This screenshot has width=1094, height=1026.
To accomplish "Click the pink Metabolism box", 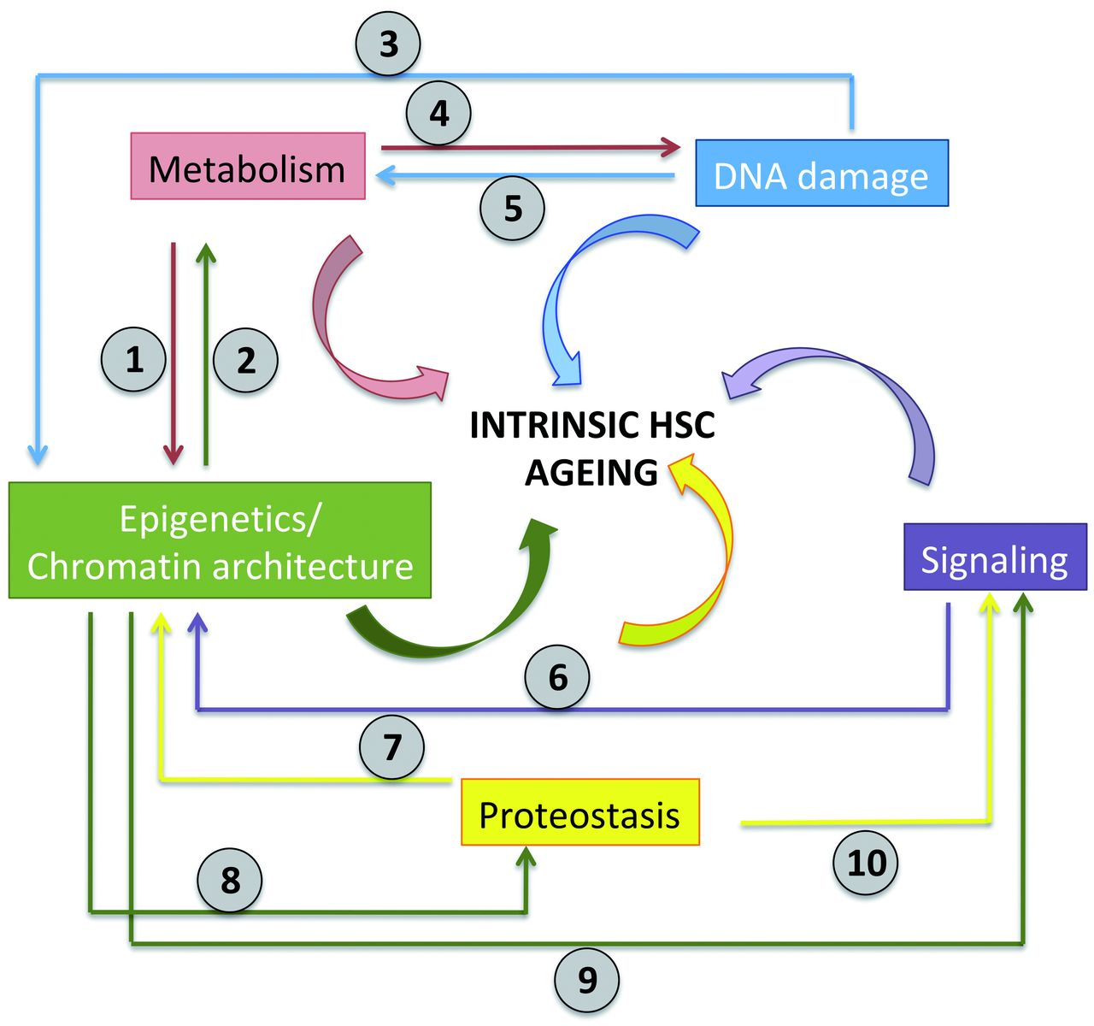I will coord(248,167).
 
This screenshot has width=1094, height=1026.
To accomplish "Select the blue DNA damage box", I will coord(821,174).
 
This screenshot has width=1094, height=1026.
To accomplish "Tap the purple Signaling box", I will coord(995,558).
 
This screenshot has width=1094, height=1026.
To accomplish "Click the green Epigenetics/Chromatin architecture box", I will coord(220,540).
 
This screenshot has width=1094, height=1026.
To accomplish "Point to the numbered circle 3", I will coord(389,44).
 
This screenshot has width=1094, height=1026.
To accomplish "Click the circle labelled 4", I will coord(438,114).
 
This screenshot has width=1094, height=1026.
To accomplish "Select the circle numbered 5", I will coord(513,208).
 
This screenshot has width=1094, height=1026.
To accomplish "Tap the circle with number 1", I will coord(134,359).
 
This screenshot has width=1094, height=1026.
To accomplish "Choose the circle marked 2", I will coord(246,359).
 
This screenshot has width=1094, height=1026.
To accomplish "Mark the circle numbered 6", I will coord(557,677).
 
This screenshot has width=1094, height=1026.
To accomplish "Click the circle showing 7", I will coord(392,746).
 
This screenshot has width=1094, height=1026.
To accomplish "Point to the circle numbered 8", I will coord(230,880).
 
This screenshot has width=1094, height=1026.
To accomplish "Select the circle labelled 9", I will coord(587,980).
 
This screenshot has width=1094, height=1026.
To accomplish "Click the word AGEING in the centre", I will coord(591,472).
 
